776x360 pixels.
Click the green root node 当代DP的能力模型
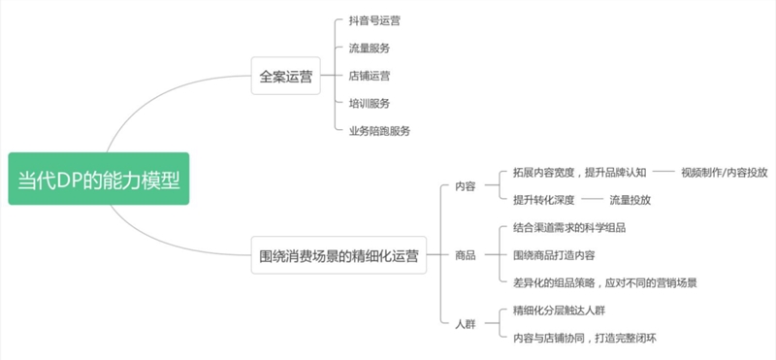click(98, 179)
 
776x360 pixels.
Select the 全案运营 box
click(285, 76)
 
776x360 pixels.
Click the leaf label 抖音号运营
click(373, 19)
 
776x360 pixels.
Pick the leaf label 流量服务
click(369, 48)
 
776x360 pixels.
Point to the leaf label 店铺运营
click(369, 75)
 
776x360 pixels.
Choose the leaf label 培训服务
click(369, 102)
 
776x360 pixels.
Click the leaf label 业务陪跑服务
click(379, 130)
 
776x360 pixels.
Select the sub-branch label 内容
click(465, 186)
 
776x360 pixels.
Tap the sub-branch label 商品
click(465, 255)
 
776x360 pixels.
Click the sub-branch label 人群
click(465, 323)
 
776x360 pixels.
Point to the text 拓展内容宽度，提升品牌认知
click(579, 172)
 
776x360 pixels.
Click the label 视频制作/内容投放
click(723, 172)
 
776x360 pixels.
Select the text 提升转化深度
click(544, 200)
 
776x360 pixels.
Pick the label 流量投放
click(630, 200)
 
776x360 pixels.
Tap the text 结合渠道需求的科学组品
click(569, 227)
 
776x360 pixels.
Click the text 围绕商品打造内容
click(554, 255)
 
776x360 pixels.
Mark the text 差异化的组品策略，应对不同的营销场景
click(605, 282)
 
